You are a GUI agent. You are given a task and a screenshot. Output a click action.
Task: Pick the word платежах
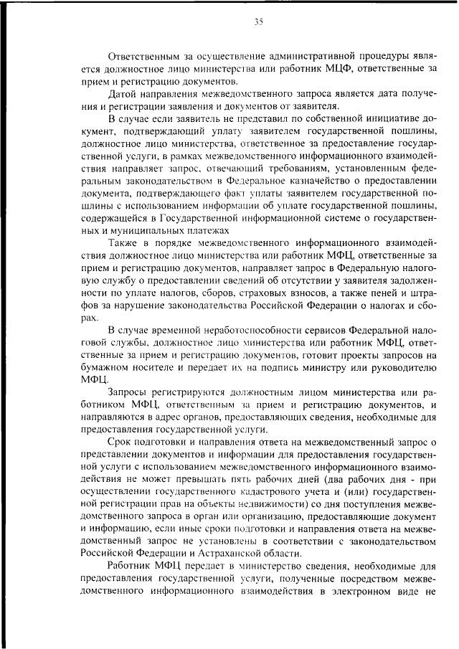[x=208, y=229]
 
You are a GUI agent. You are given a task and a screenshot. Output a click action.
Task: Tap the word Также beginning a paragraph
[x=123, y=242]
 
